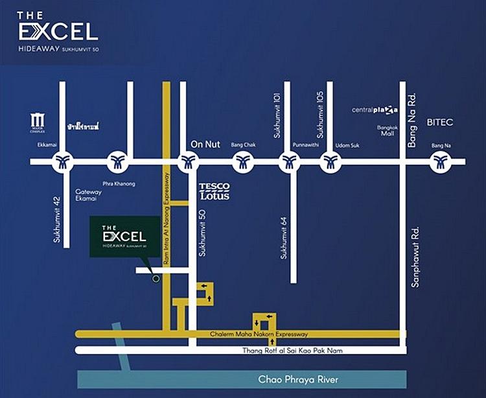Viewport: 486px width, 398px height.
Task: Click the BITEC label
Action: tap(439, 121)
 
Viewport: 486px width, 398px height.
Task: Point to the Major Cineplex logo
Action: tap(37, 121)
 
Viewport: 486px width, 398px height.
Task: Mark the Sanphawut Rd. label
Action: tap(415, 257)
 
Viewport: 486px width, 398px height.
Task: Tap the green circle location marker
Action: tap(155, 279)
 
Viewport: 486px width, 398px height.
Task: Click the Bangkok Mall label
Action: tap(387, 130)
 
